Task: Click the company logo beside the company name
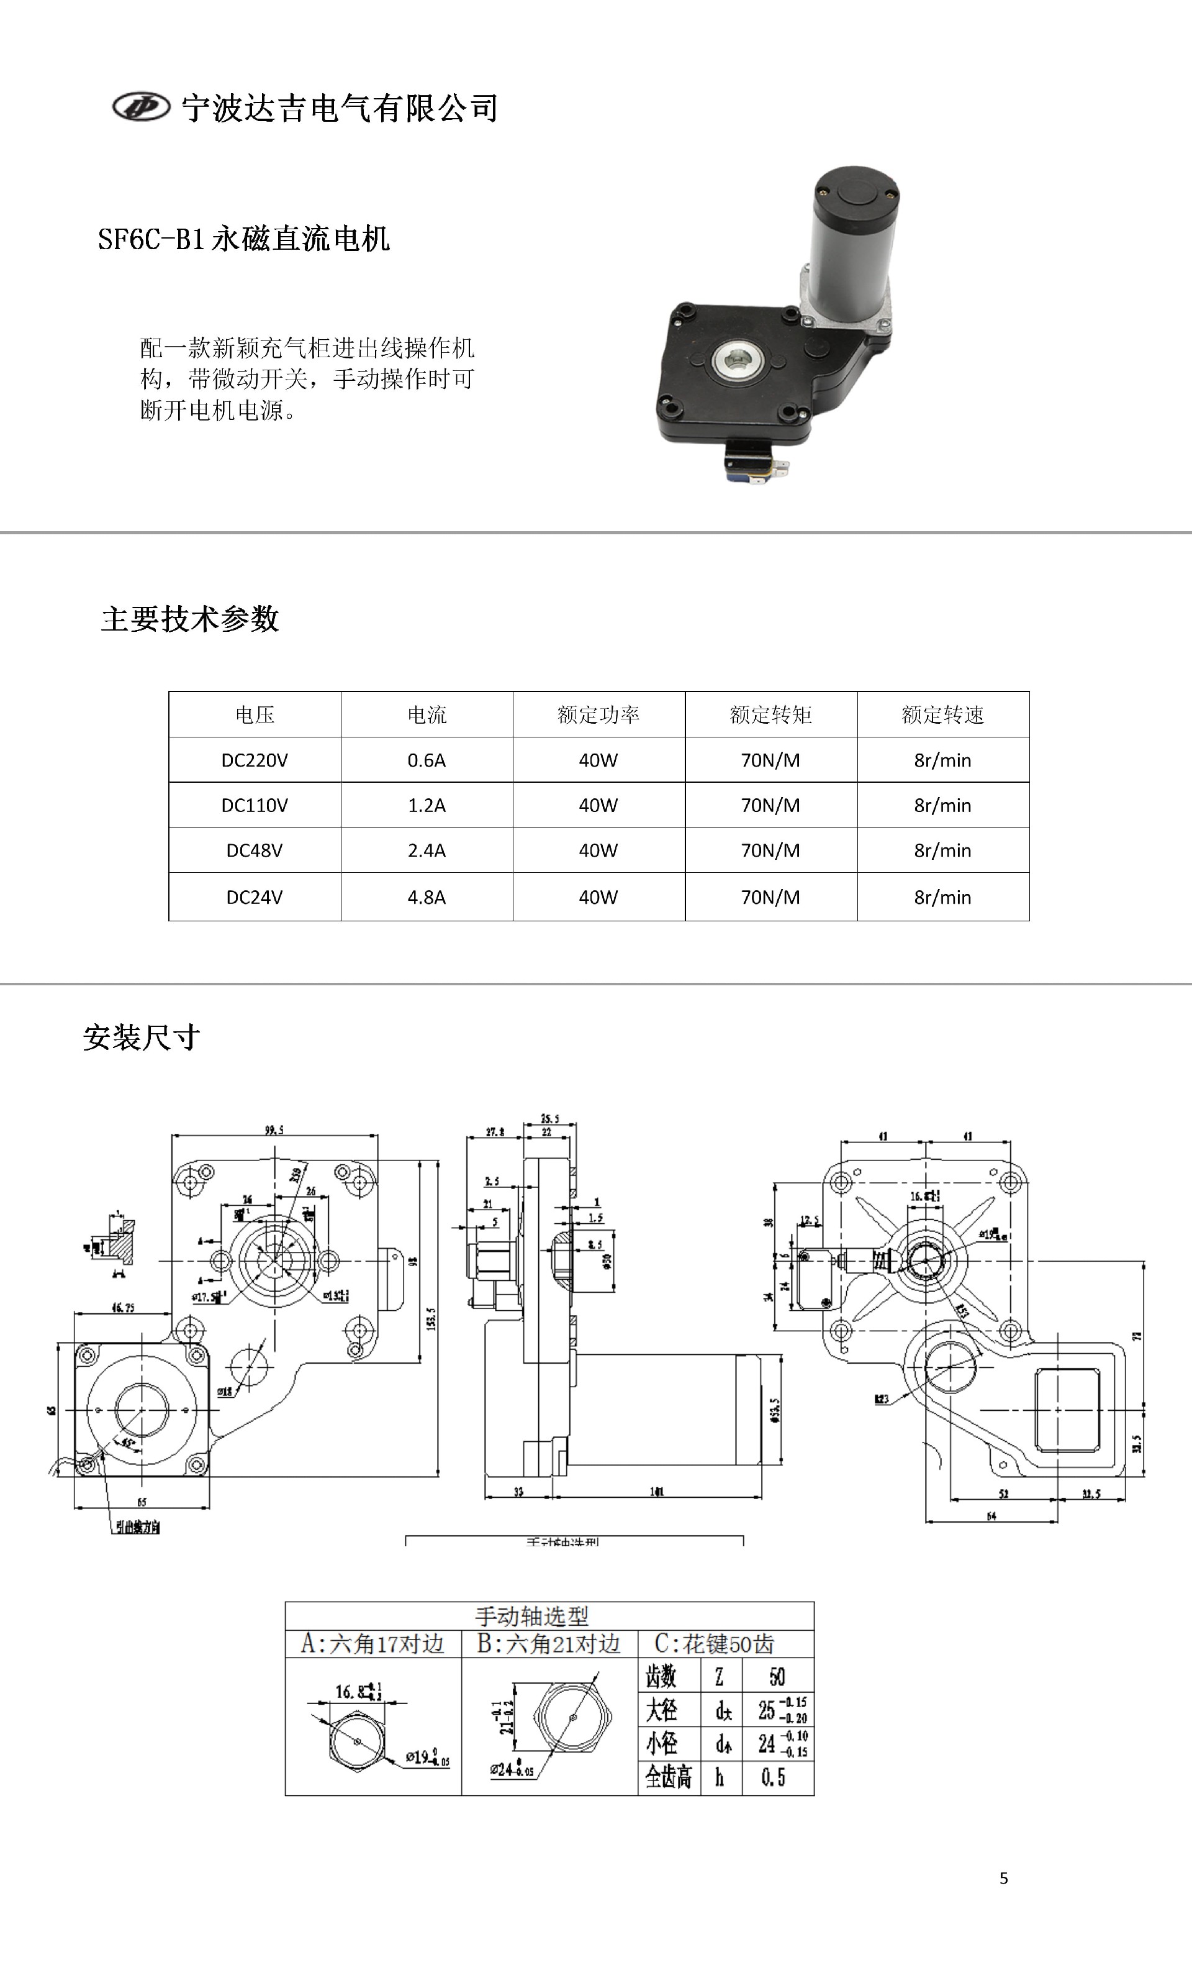(142, 107)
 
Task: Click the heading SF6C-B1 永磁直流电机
(243, 239)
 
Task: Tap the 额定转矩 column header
(770, 714)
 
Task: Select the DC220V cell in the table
(255, 760)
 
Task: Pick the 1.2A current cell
(427, 805)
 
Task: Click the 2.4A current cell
(427, 850)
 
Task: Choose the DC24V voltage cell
(255, 896)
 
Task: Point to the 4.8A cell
(427, 896)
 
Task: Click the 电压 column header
(255, 714)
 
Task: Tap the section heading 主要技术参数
(189, 619)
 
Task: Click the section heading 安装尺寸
(142, 1037)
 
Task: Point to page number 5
(1003, 1878)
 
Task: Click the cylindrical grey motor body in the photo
(850, 241)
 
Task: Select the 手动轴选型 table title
(531, 1616)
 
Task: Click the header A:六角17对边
(372, 1644)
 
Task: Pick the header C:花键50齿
(714, 1644)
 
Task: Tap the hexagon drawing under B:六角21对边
(572, 1717)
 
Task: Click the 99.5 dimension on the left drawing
(274, 1131)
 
